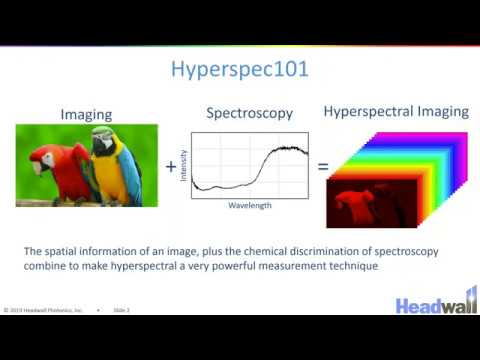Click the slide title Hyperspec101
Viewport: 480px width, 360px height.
[x=240, y=69]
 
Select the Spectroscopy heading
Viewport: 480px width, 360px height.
[x=249, y=113]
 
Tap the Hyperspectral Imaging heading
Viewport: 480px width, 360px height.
[x=395, y=112]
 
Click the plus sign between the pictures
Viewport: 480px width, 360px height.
[x=171, y=168]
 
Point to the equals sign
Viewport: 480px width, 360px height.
[x=322, y=167]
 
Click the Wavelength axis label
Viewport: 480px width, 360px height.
[x=248, y=209]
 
